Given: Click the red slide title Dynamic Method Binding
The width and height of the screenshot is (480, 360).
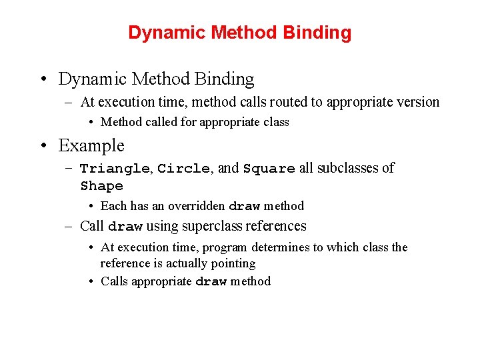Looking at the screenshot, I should coord(239,33).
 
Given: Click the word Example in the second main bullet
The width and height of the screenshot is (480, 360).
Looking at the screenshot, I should coord(91,145).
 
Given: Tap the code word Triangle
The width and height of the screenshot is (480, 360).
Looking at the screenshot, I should coord(115,169).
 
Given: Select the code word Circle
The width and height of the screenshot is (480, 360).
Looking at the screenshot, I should coord(183,169).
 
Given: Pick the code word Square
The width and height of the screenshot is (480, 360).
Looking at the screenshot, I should coord(269,169).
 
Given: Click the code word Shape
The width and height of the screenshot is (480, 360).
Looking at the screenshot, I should coord(101,186).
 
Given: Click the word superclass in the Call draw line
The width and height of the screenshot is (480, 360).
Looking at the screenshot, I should coord(212,226).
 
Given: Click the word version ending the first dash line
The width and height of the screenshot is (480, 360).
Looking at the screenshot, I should coord(418,102).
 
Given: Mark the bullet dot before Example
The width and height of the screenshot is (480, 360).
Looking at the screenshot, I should coord(43,146).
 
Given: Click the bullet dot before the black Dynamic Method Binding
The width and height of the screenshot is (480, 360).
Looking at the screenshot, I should coord(43,79).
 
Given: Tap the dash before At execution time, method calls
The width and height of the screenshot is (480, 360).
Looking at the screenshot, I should coord(69,103).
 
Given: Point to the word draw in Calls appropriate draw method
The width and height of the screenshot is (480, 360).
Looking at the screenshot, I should coord(211,281).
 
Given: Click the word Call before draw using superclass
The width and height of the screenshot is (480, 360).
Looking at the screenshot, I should coord(91,226).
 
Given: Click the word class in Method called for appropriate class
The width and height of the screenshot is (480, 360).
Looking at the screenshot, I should coord(276,123).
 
